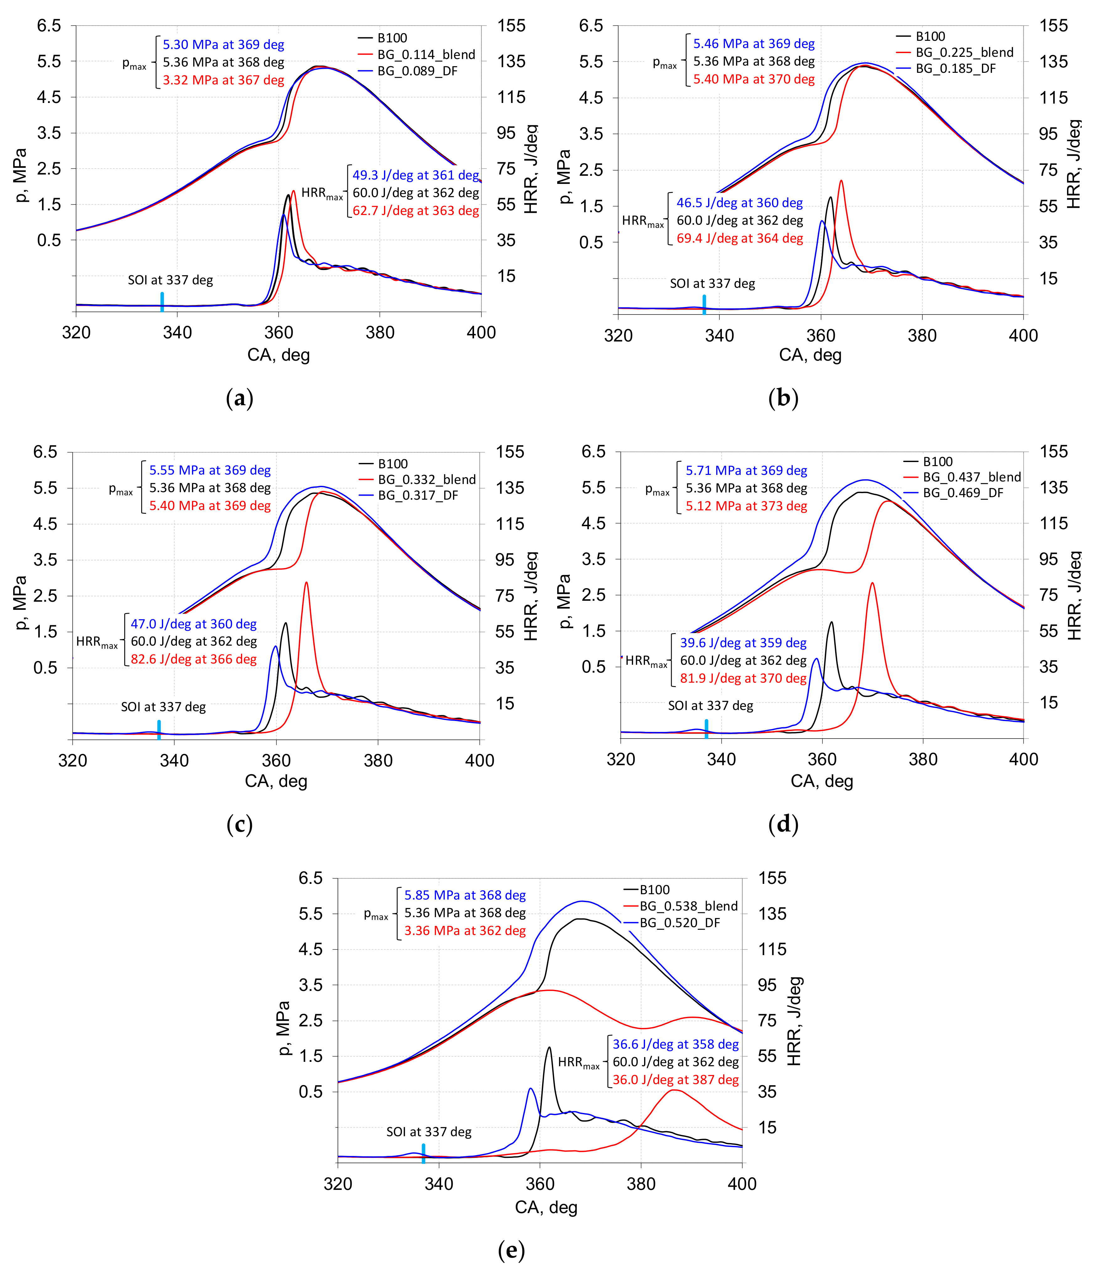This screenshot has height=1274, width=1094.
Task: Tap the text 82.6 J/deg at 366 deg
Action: (194, 659)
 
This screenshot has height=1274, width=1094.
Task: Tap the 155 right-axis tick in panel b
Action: (1054, 26)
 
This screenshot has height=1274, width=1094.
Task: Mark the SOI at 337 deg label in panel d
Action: (711, 706)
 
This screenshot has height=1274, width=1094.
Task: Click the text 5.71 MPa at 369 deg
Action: (746, 470)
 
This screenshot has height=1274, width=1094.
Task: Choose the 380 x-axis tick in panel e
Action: (641, 1184)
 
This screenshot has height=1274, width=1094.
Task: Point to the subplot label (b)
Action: (783, 398)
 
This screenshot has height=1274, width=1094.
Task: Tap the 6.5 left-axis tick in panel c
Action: (45, 452)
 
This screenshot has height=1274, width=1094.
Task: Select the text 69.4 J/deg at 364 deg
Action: (739, 239)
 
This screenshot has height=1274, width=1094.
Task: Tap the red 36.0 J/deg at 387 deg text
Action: (675, 1080)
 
